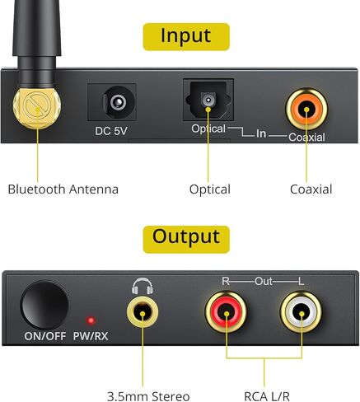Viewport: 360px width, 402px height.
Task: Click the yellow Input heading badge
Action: point(186,37)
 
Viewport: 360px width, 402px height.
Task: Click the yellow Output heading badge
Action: point(186,239)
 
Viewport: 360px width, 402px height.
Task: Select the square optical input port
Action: point(208,100)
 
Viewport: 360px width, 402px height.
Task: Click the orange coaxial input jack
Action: point(306,109)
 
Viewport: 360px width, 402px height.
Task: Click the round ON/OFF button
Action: point(44,305)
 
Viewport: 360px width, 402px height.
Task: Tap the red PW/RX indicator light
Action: point(91,320)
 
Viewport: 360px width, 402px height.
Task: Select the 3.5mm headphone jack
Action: point(143,312)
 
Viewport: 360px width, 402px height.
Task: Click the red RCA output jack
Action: point(226,312)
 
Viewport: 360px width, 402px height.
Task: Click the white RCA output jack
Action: point(302,312)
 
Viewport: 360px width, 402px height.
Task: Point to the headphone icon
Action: point(143,286)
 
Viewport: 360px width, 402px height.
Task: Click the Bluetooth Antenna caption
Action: point(63,189)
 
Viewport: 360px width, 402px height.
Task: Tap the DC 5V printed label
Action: point(111,131)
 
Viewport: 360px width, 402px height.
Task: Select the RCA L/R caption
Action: point(267,396)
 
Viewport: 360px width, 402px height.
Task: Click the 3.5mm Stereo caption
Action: point(148,396)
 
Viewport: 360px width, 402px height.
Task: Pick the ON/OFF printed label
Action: point(45,336)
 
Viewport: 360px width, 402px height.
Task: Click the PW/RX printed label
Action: point(91,336)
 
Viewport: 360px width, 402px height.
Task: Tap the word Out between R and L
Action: point(264,281)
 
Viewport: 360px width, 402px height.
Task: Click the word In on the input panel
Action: point(261,133)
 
